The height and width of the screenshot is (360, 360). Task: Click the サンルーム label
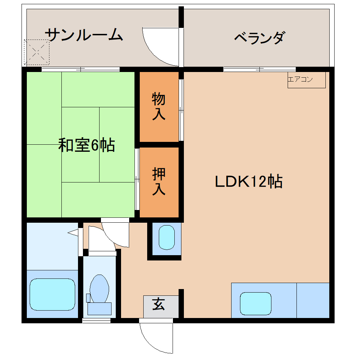click(84, 35)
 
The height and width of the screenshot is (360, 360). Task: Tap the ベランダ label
click(259, 37)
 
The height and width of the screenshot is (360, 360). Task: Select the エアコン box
click(306, 80)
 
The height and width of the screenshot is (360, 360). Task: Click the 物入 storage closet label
click(158, 107)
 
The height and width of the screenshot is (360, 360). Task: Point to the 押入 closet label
click(158, 182)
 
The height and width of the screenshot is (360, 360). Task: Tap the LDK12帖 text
click(248, 182)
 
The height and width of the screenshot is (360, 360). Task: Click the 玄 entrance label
click(158, 304)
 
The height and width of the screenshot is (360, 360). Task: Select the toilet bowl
click(100, 288)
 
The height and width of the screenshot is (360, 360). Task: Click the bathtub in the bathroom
click(52, 294)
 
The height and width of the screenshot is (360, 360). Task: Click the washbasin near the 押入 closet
click(167, 238)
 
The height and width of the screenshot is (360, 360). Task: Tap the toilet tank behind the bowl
click(99, 308)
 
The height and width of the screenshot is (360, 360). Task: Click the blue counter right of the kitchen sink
click(313, 300)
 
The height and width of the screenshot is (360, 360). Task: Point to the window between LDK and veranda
click(259, 69)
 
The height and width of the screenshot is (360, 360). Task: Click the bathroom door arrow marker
click(73, 232)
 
